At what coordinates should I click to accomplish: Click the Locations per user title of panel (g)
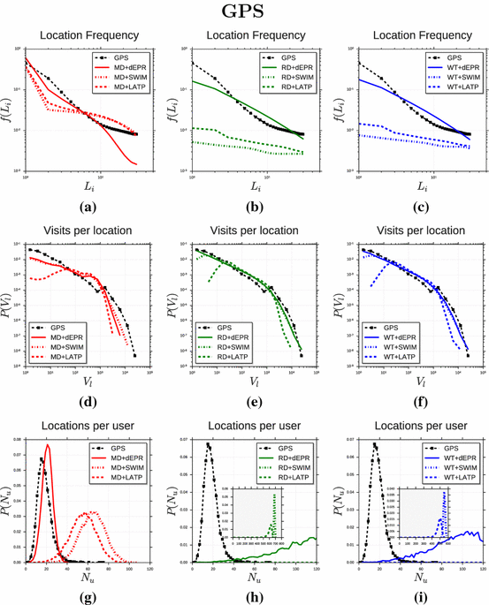(86, 427)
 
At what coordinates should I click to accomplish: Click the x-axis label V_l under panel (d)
(86, 381)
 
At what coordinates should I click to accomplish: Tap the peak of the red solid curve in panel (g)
(48, 446)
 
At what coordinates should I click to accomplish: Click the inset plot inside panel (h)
(253, 513)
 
